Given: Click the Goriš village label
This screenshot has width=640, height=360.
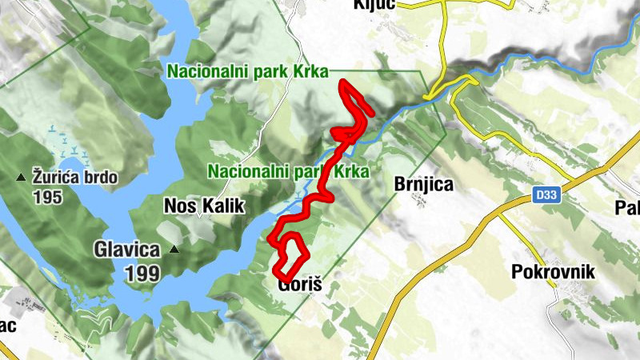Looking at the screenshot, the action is coord(298,285).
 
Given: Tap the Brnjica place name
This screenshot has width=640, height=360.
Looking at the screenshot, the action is coord(424,185).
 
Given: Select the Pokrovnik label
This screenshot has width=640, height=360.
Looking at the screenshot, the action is coord(553,272).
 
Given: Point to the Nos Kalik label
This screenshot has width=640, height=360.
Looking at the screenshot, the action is coord(202,206).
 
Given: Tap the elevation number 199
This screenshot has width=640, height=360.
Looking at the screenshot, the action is coord(142,273).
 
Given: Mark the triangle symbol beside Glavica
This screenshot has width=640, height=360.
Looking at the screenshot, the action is coord(174,250).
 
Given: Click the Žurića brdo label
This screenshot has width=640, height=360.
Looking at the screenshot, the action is coord(75,177).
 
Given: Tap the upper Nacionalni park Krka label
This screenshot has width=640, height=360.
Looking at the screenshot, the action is coord(248,71).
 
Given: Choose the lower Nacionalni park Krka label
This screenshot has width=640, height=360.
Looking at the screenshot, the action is coord(288,171).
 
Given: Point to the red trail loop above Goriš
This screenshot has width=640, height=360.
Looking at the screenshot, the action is coord(290,254).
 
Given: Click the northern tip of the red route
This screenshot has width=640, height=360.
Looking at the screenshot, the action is coord(342,82).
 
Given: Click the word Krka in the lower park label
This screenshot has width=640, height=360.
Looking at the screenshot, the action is coord(351,171).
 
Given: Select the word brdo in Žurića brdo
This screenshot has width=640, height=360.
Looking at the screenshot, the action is coord(99,177).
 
